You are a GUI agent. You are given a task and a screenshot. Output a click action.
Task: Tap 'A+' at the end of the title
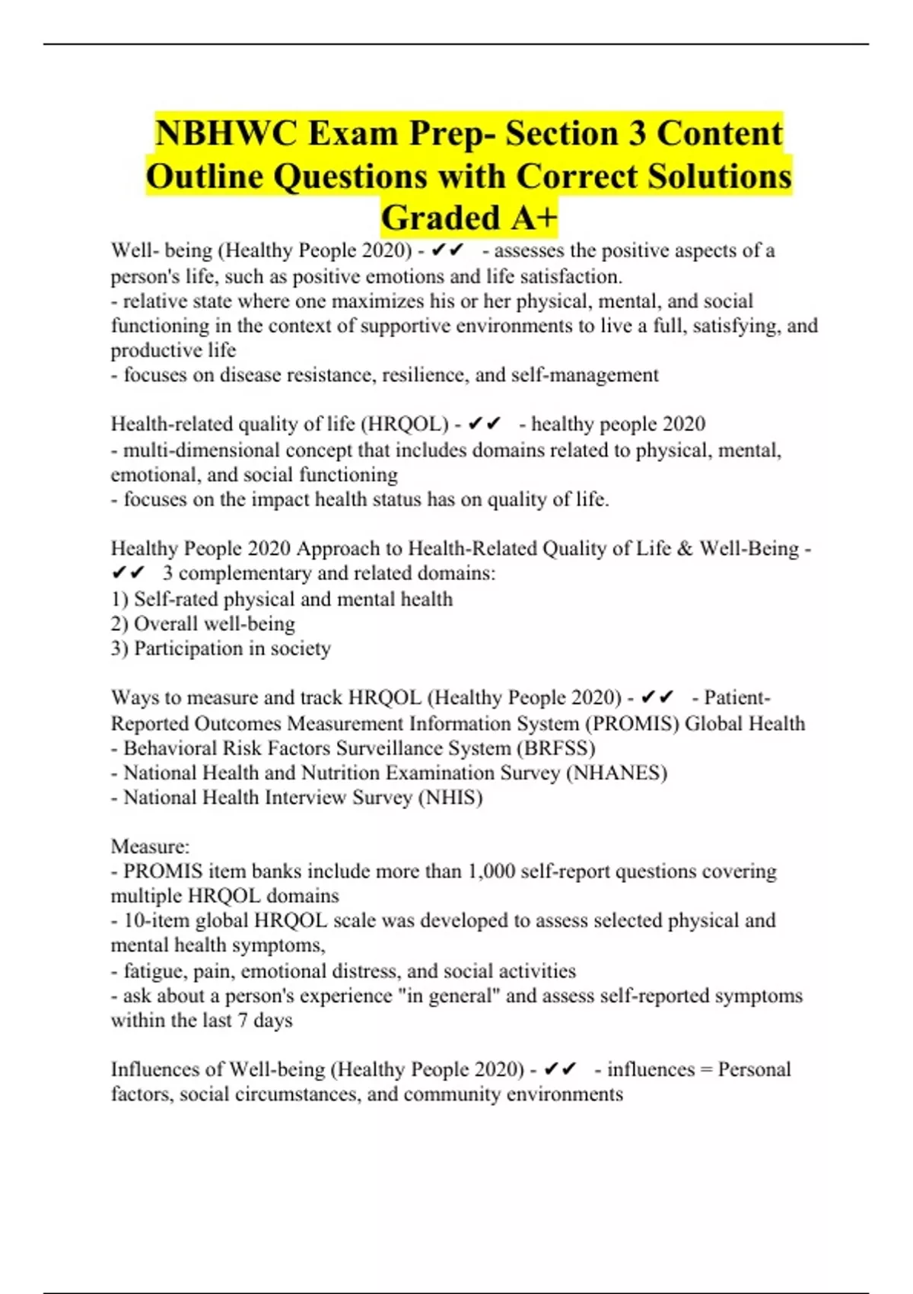[534, 218]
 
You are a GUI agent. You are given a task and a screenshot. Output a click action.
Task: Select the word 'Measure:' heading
[150, 846]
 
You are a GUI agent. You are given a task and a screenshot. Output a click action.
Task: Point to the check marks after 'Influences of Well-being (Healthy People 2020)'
[561, 1069]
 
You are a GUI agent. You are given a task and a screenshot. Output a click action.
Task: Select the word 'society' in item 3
[301, 649]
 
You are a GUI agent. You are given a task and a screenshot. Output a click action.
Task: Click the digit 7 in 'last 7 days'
[242, 1021]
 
